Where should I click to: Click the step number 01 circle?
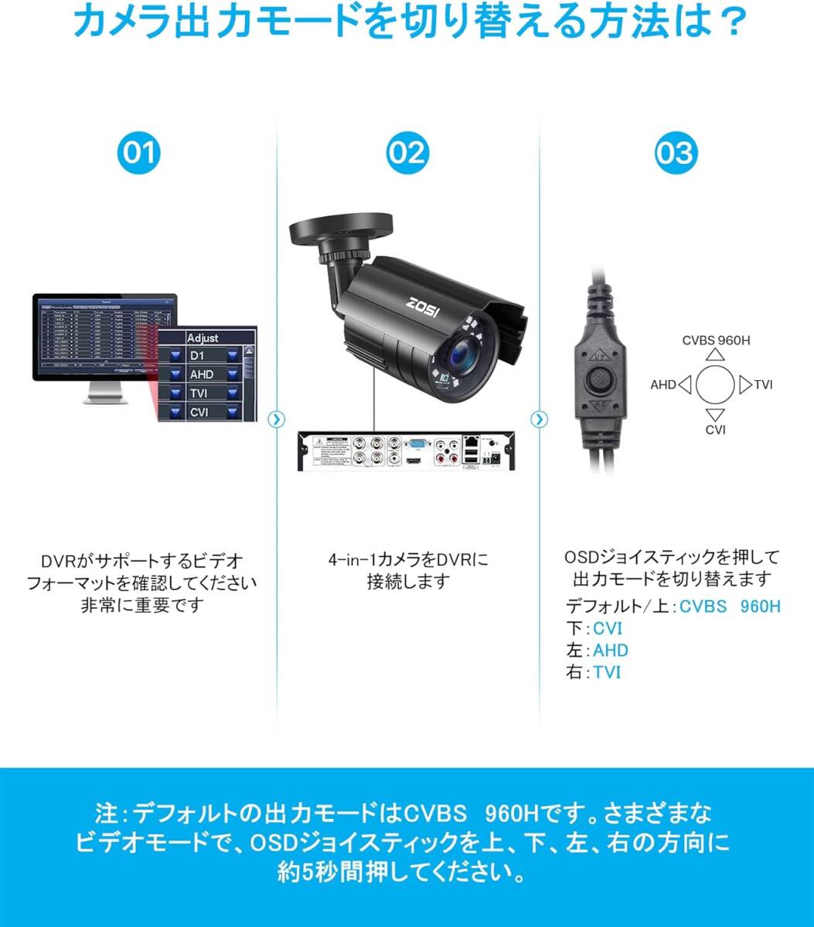pyautogui.click(x=140, y=153)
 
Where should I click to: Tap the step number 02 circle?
pyautogui.click(x=407, y=153)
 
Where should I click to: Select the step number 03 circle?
pyautogui.click(x=674, y=153)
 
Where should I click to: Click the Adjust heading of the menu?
pyautogui.click(x=203, y=338)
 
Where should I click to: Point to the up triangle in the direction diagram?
pyautogui.click(x=717, y=355)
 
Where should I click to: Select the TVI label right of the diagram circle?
pyautogui.click(x=763, y=384)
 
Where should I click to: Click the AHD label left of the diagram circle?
pyautogui.click(x=663, y=384)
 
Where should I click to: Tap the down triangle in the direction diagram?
pyautogui.click(x=717, y=413)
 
